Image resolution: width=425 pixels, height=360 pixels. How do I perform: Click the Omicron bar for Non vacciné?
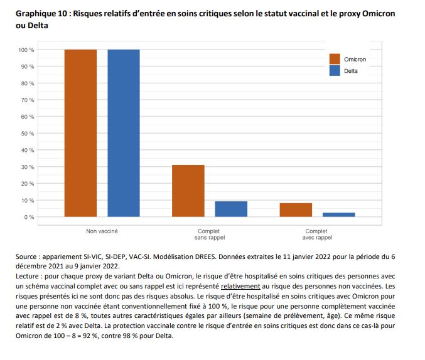pos(80,133)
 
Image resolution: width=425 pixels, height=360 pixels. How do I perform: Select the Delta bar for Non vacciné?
pos(123,133)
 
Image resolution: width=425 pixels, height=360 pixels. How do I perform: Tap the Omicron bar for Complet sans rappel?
pos(188,191)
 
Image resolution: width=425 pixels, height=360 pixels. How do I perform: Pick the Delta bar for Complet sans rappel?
pos(231,209)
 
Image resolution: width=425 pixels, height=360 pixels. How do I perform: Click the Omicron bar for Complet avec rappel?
pos(296,210)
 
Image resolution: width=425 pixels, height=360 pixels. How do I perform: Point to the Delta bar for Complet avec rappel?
pos(339,215)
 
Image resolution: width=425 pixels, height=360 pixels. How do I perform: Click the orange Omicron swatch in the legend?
pos(334,59)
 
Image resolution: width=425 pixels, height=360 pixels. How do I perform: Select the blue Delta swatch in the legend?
pos(334,71)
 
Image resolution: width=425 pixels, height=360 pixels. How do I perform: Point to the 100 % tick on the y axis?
pos(26,50)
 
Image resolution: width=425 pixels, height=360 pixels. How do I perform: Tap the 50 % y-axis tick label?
pos(28,134)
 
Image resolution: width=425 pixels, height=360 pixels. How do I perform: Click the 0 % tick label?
pos(30,217)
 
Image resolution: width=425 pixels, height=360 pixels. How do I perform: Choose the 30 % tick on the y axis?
pos(28,167)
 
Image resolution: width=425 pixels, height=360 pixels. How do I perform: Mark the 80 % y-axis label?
pos(28,83)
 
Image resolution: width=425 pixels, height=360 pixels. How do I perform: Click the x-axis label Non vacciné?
pos(102,231)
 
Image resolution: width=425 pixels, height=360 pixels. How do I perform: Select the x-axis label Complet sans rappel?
pos(210,235)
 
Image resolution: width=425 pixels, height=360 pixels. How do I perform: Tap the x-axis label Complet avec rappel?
pos(317,235)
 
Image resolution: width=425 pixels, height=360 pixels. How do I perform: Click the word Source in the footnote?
pos(27,257)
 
